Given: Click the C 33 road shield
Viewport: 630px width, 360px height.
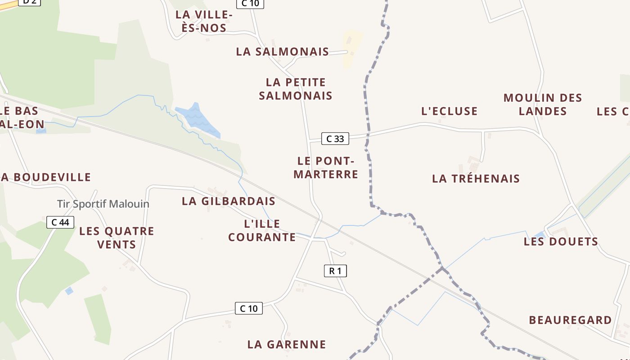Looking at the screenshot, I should [x=335, y=139].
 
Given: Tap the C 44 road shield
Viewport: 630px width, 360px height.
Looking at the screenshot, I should [x=60, y=222].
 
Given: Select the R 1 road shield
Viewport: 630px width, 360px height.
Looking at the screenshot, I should [x=335, y=270].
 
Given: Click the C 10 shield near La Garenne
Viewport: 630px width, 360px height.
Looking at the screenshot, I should [x=248, y=308].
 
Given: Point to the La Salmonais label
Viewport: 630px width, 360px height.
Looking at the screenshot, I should [x=283, y=52].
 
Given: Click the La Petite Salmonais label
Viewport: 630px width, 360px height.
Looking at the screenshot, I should [x=296, y=89].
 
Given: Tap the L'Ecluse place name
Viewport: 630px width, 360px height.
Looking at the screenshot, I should [x=449, y=111].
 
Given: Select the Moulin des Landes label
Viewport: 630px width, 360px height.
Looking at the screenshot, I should [x=543, y=104].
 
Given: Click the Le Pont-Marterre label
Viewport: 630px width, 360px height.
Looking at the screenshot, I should [x=326, y=167].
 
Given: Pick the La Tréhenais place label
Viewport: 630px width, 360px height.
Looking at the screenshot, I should [x=476, y=179].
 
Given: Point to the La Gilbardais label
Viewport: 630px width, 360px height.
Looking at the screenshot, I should [x=229, y=201].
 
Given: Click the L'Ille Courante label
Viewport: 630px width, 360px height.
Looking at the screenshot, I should [x=262, y=230].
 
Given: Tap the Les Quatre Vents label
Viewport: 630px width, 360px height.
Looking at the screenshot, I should [x=117, y=238].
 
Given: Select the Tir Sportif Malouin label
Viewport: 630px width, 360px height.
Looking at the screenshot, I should [x=103, y=204].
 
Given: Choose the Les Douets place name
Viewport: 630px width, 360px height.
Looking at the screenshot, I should [x=561, y=242].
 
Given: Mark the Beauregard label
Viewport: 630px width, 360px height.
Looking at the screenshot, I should [x=570, y=320].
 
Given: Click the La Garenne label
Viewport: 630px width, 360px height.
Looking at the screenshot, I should [x=287, y=345].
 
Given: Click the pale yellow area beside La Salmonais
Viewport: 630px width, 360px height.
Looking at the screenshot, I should [x=352, y=47].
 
